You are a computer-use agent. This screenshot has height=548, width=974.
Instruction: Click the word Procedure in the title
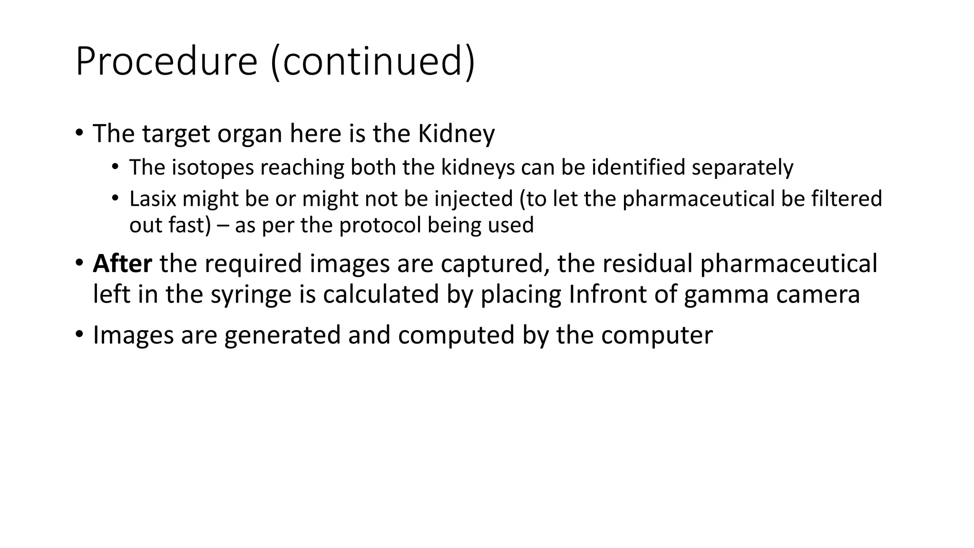[x=166, y=62]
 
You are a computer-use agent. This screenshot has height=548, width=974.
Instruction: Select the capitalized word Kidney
[x=456, y=134]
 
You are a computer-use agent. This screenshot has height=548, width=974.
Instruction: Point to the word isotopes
[x=213, y=167]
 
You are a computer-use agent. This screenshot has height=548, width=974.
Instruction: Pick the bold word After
[x=122, y=264]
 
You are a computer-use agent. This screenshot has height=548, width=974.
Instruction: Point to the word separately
[x=742, y=168]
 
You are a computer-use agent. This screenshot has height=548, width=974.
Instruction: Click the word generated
[x=282, y=335]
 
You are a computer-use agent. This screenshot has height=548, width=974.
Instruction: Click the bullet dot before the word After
[x=79, y=263]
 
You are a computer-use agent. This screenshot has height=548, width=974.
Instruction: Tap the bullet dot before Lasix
[x=115, y=197]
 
